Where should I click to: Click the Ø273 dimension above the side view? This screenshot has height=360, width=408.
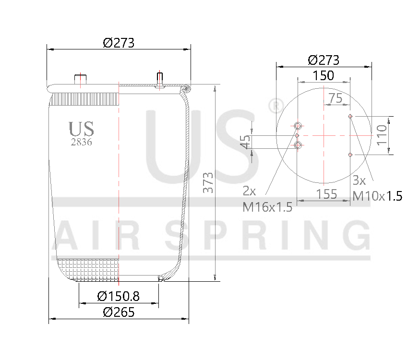118,43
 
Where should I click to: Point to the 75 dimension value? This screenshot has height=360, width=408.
336,98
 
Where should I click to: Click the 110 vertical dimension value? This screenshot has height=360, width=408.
382,135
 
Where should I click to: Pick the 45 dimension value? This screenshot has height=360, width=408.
245,142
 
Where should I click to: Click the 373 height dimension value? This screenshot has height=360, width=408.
207,183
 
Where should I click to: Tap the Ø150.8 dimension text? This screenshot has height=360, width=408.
118,296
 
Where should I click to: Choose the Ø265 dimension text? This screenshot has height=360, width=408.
118,312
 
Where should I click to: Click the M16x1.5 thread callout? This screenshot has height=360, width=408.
267,207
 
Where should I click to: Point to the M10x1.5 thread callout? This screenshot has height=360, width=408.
377,196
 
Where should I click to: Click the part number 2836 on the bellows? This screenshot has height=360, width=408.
81,142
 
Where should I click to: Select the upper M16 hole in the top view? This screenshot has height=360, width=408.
298,126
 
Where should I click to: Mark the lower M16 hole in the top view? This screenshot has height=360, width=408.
298,145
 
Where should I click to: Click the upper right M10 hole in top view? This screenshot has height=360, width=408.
350,116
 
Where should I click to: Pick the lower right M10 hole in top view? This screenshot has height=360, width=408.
350,155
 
